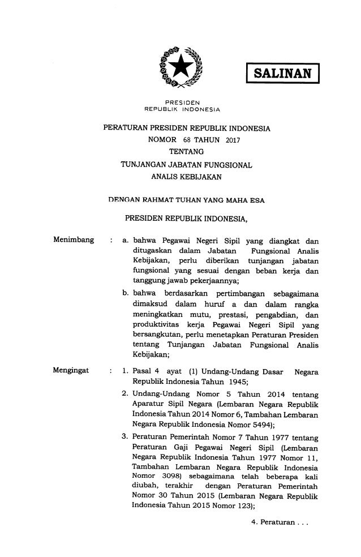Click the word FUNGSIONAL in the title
[x=223, y=165]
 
